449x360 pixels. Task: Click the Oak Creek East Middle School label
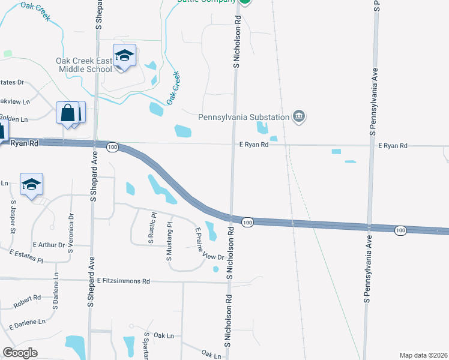pyautogui.click(x=84, y=65)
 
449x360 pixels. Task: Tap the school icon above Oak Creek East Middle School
pyautogui.click(x=124, y=56)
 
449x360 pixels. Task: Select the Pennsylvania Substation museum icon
pyautogui.click(x=299, y=116)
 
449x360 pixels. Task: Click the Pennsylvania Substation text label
pyautogui.click(x=244, y=117)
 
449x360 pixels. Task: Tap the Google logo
pyautogui.click(x=20, y=353)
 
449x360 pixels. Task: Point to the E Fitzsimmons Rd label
pyautogui.click(x=124, y=281)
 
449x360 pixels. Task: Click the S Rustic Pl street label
pyautogui.click(x=152, y=227)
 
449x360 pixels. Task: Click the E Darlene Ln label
pyautogui.click(x=28, y=323)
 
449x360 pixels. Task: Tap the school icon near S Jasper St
pyautogui.click(x=31, y=184)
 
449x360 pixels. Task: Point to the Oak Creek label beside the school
pyautogui.click(x=173, y=88)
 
